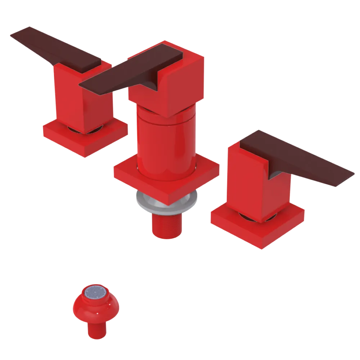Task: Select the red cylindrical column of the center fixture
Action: pyautogui.click(x=166, y=144)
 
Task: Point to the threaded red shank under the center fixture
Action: pyautogui.click(x=166, y=225)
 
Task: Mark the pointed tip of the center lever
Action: pyautogui.click(x=81, y=86)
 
